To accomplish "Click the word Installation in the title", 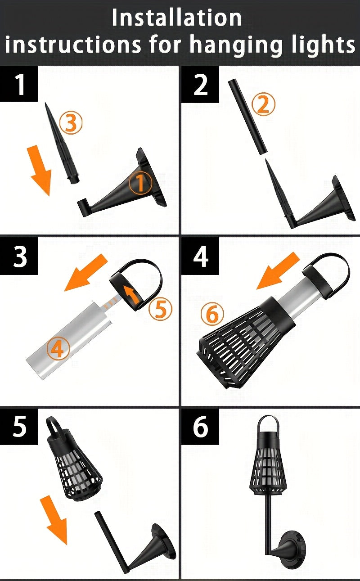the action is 177,18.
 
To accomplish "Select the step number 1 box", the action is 18,84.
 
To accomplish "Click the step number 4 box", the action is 200,256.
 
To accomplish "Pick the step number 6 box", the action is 200,427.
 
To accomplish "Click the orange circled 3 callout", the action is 71,122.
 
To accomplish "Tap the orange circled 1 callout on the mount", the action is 140,183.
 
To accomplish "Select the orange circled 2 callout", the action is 264,104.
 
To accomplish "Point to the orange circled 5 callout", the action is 160,309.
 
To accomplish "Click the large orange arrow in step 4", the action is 278,271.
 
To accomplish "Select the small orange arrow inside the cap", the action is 131,295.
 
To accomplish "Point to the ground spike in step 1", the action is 62,144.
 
